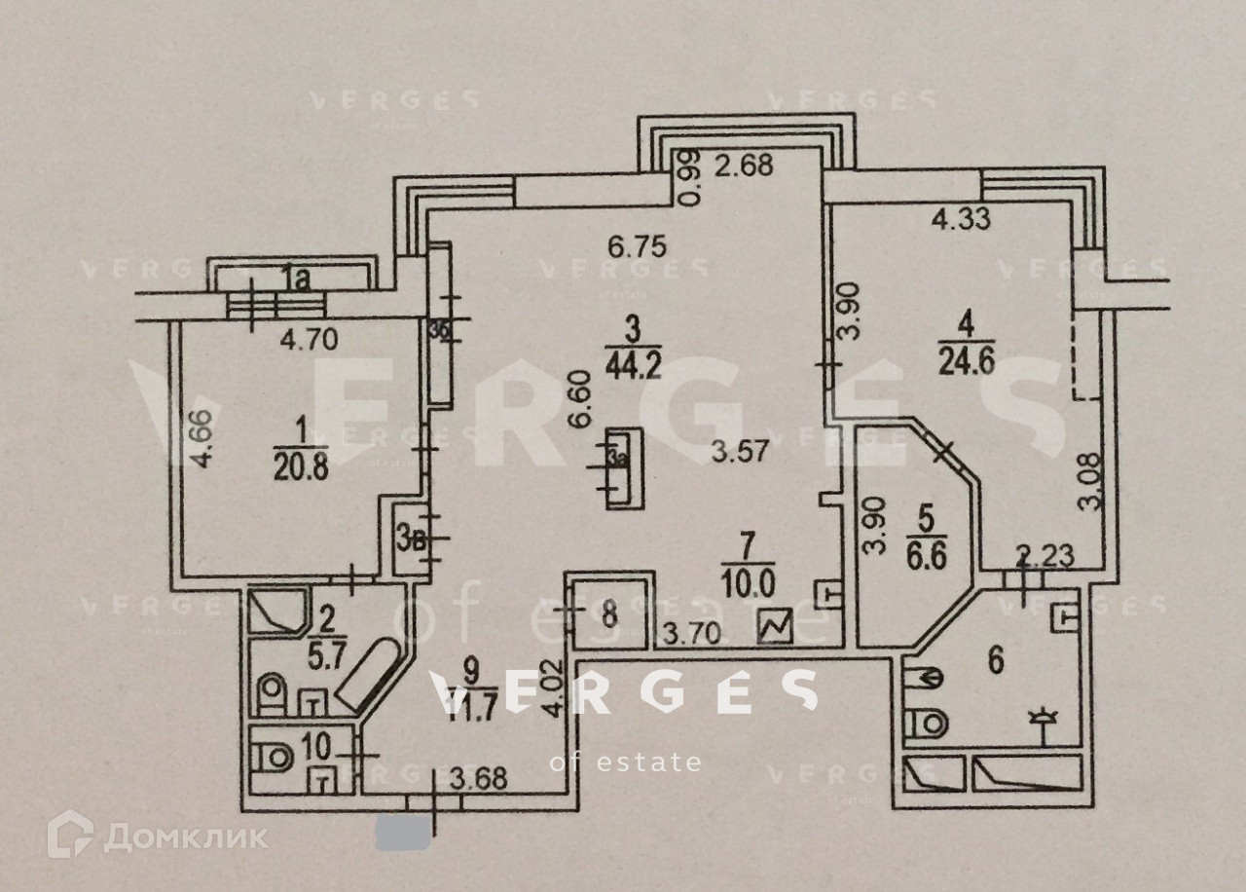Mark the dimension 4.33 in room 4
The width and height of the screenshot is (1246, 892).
961,219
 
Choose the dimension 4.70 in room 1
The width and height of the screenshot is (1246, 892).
309,341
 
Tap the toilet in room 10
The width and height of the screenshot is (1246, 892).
275,754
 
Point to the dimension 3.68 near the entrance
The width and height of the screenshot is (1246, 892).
484,780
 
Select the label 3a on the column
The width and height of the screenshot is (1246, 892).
615,458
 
